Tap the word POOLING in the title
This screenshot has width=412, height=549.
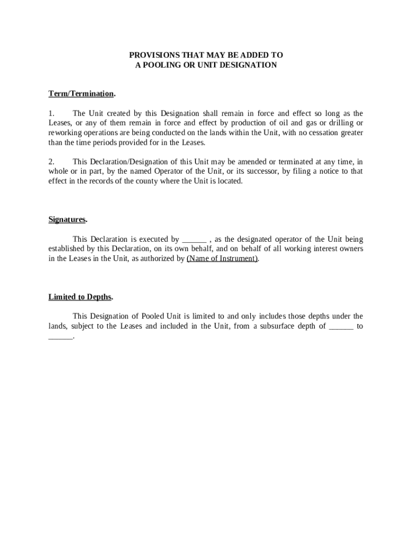161,65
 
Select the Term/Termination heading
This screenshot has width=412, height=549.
81,94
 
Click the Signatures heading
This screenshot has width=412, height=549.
67,220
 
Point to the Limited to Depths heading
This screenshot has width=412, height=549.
80,297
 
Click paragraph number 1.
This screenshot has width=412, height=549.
51,114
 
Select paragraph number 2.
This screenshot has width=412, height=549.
51,162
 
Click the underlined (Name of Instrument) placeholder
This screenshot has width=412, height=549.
222,258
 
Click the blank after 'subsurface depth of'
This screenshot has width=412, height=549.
341,326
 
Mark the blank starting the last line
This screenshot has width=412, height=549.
60,336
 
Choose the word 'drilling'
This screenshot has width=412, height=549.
340,123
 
